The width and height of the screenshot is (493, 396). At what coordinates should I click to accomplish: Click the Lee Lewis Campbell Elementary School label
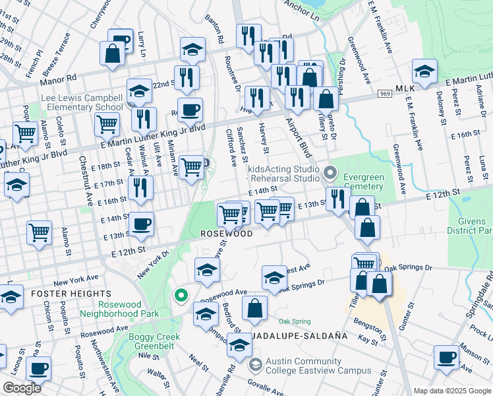[x=82, y=102]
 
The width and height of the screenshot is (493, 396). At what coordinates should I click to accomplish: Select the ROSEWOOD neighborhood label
[x=227, y=234]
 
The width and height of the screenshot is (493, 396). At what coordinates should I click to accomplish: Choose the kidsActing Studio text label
[x=283, y=170]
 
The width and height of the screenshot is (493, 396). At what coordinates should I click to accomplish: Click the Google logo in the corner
[x=22, y=388]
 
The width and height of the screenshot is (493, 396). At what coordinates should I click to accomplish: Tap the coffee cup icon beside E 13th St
[x=141, y=224]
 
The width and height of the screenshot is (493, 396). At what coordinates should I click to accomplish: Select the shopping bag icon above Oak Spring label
[x=254, y=308]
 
